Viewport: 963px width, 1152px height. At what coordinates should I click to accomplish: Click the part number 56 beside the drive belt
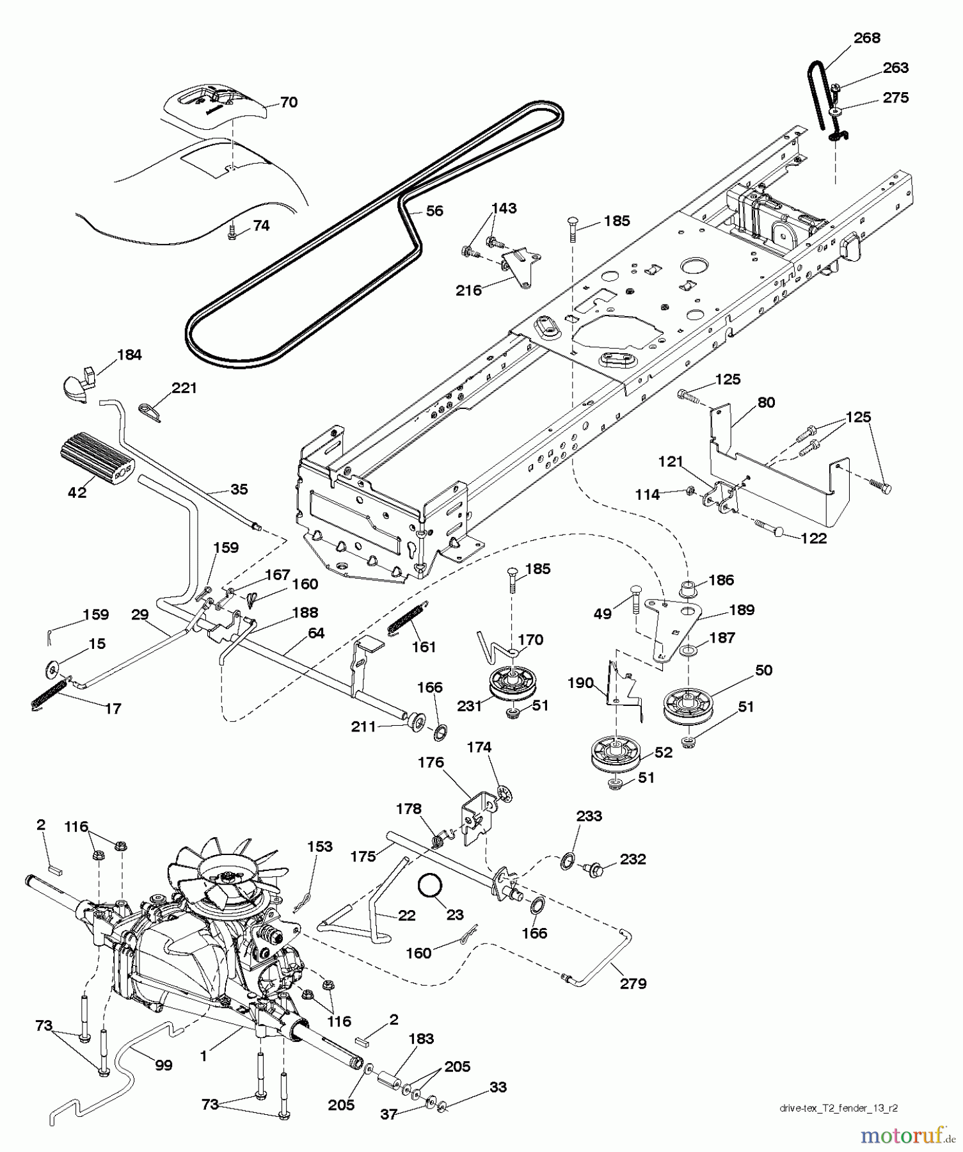click(434, 211)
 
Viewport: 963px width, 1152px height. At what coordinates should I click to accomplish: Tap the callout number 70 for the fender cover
click(289, 102)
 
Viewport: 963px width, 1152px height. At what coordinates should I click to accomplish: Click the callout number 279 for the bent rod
click(633, 984)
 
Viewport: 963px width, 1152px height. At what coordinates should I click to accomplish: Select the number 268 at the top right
click(866, 38)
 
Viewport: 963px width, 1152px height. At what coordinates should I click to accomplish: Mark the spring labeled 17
click(49, 693)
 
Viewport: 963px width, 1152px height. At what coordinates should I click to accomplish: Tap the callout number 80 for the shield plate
click(766, 403)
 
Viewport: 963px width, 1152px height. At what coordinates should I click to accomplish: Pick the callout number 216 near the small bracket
click(468, 291)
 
